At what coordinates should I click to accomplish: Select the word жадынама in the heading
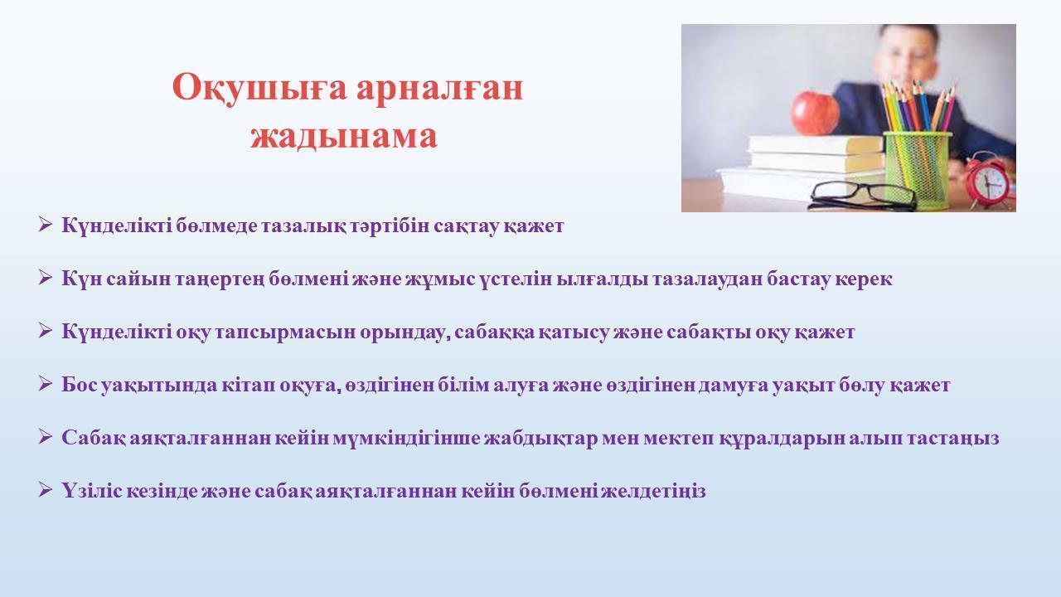click(x=343, y=137)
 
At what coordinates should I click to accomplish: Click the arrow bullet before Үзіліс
click(x=45, y=489)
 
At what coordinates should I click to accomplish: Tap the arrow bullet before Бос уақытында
click(x=45, y=383)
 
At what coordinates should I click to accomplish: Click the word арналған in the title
click(x=439, y=89)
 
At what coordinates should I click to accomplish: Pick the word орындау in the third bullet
click(x=405, y=332)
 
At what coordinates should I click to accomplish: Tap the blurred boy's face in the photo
click(x=907, y=57)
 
